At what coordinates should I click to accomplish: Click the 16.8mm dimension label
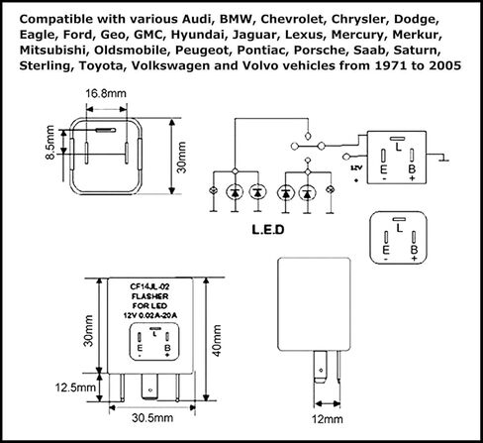tap(106, 94)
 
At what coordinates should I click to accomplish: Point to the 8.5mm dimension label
tap(50, 142)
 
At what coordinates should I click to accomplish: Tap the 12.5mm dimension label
tap(75, 388)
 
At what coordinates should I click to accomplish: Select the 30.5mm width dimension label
tap(152, 418)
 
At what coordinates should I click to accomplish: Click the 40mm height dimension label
tap(217, 341)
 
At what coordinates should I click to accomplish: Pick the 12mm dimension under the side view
tap(328, 419)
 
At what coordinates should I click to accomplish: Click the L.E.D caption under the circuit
tap(268, 230)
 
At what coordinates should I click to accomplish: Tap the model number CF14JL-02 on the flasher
tap(150, 287)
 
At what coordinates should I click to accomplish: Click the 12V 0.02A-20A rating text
tap(150, 315)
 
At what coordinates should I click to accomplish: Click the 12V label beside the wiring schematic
tap(356, 167)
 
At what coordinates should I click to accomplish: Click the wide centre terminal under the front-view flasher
tap(150, 387)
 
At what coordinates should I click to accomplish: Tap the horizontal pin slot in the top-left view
tap(106, 130)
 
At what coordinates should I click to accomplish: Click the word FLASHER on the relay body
tap(150, 296)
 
